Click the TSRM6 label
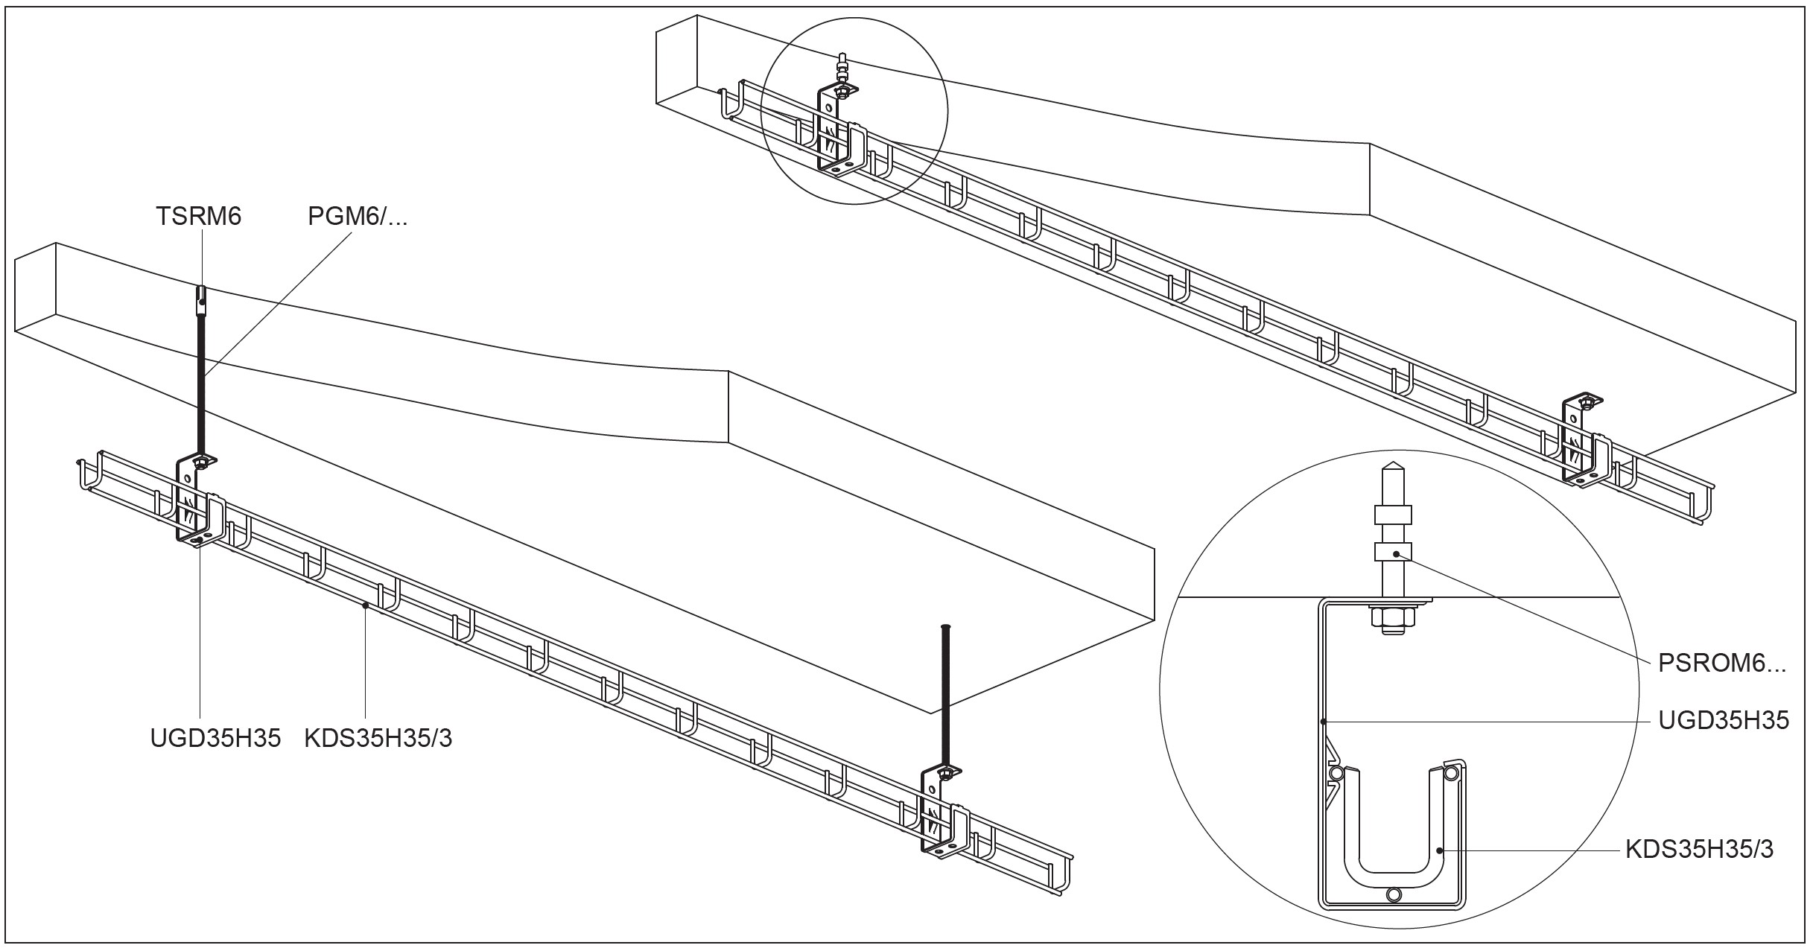(198, 217)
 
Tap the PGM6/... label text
(358, 217)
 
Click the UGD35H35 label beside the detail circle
(1723, 721)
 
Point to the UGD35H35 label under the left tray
(215, 738)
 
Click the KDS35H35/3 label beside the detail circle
(1699, 850)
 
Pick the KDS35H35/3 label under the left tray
(378, 738)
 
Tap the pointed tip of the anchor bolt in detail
(1392, 474)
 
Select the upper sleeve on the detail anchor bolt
(1392, 515)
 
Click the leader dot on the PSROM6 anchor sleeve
(1396, 554)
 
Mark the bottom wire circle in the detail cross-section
(1394, 894)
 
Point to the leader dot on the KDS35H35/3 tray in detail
(1440, 850)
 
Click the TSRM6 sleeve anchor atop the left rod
(200, 301)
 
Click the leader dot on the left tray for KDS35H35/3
(365, 605)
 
